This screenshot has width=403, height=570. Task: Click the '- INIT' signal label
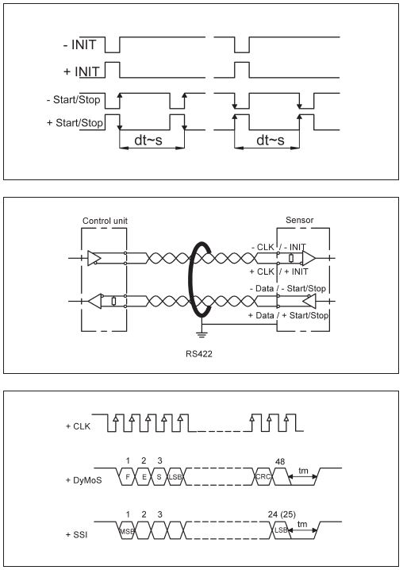coord(79,44)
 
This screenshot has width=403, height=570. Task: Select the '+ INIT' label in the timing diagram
coord(82,71)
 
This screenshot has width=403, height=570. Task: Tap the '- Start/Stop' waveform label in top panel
coord(74,99)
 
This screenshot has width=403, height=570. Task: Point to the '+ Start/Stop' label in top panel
coord(75,123)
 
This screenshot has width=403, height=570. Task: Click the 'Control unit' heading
coord(105,221)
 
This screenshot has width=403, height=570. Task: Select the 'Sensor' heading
coord(299,220)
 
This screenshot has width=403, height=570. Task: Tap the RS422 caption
coord(199,354)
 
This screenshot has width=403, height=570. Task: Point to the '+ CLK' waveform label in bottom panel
coord(78,426)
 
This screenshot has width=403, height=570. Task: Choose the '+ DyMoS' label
coord(83,480)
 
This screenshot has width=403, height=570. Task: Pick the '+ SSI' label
coord(77,535)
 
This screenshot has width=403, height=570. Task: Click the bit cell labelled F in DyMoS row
coord(128,476)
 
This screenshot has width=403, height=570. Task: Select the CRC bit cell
coord(263,476)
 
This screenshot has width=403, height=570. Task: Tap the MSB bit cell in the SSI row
coord(127,531)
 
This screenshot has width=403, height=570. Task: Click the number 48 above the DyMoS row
coord(280,462)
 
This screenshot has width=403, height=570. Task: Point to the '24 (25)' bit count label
coord(282,514)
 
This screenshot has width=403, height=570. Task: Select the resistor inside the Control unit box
coord(113,301)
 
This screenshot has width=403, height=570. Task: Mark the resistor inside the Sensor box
coord(290,258)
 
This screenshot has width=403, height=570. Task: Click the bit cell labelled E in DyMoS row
coord(144,476)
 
